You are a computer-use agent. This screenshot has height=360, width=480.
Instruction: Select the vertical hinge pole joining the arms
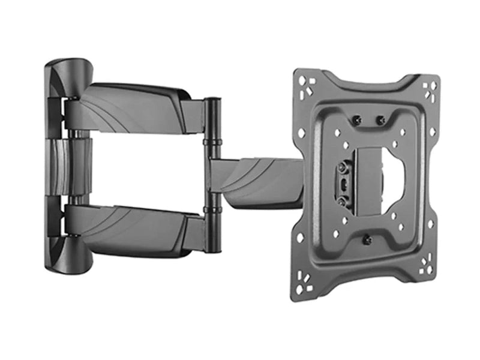click(212, 174)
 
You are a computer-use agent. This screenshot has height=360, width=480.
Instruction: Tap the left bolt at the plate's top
click(357, 121)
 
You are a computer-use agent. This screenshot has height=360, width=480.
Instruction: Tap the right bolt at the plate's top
click(380, 121)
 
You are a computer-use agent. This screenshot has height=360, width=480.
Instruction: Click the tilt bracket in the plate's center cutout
click(366, 180)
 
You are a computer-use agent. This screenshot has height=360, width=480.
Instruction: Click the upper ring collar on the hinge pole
click(212, 142)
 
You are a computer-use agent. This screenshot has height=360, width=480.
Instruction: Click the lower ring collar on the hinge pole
click(212, 209)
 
